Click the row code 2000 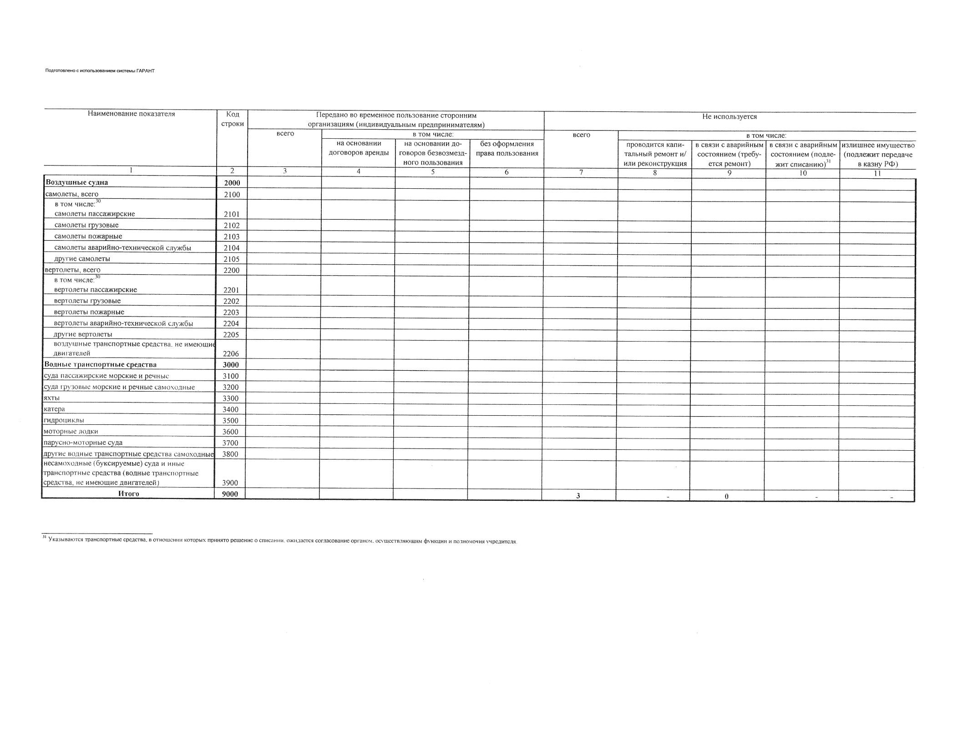click(x=232, y=183)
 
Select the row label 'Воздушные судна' click(x=76, y=183)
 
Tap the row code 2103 click(x=231, y=237)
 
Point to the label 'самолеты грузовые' click(x=86, y=225)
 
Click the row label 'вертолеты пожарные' click(x=89, y=312)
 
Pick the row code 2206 click(x=231, y=353)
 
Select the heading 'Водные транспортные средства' click(x=100, y=365)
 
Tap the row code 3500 click(x=231, y=421)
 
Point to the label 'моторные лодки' click(x=71, y=432)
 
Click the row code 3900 click(x=230, y=483)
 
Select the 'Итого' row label click(x=129, y=494)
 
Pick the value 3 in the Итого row click(x=578, y=496)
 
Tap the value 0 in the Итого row click(x=726, y=497)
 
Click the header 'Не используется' click(x=730, y=117)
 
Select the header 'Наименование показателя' click(x=131, y=114)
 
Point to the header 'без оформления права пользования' click(x=506, y=149)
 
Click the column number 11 click(x=877, y=173)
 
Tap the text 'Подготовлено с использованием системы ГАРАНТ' click(x=100, y=71)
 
